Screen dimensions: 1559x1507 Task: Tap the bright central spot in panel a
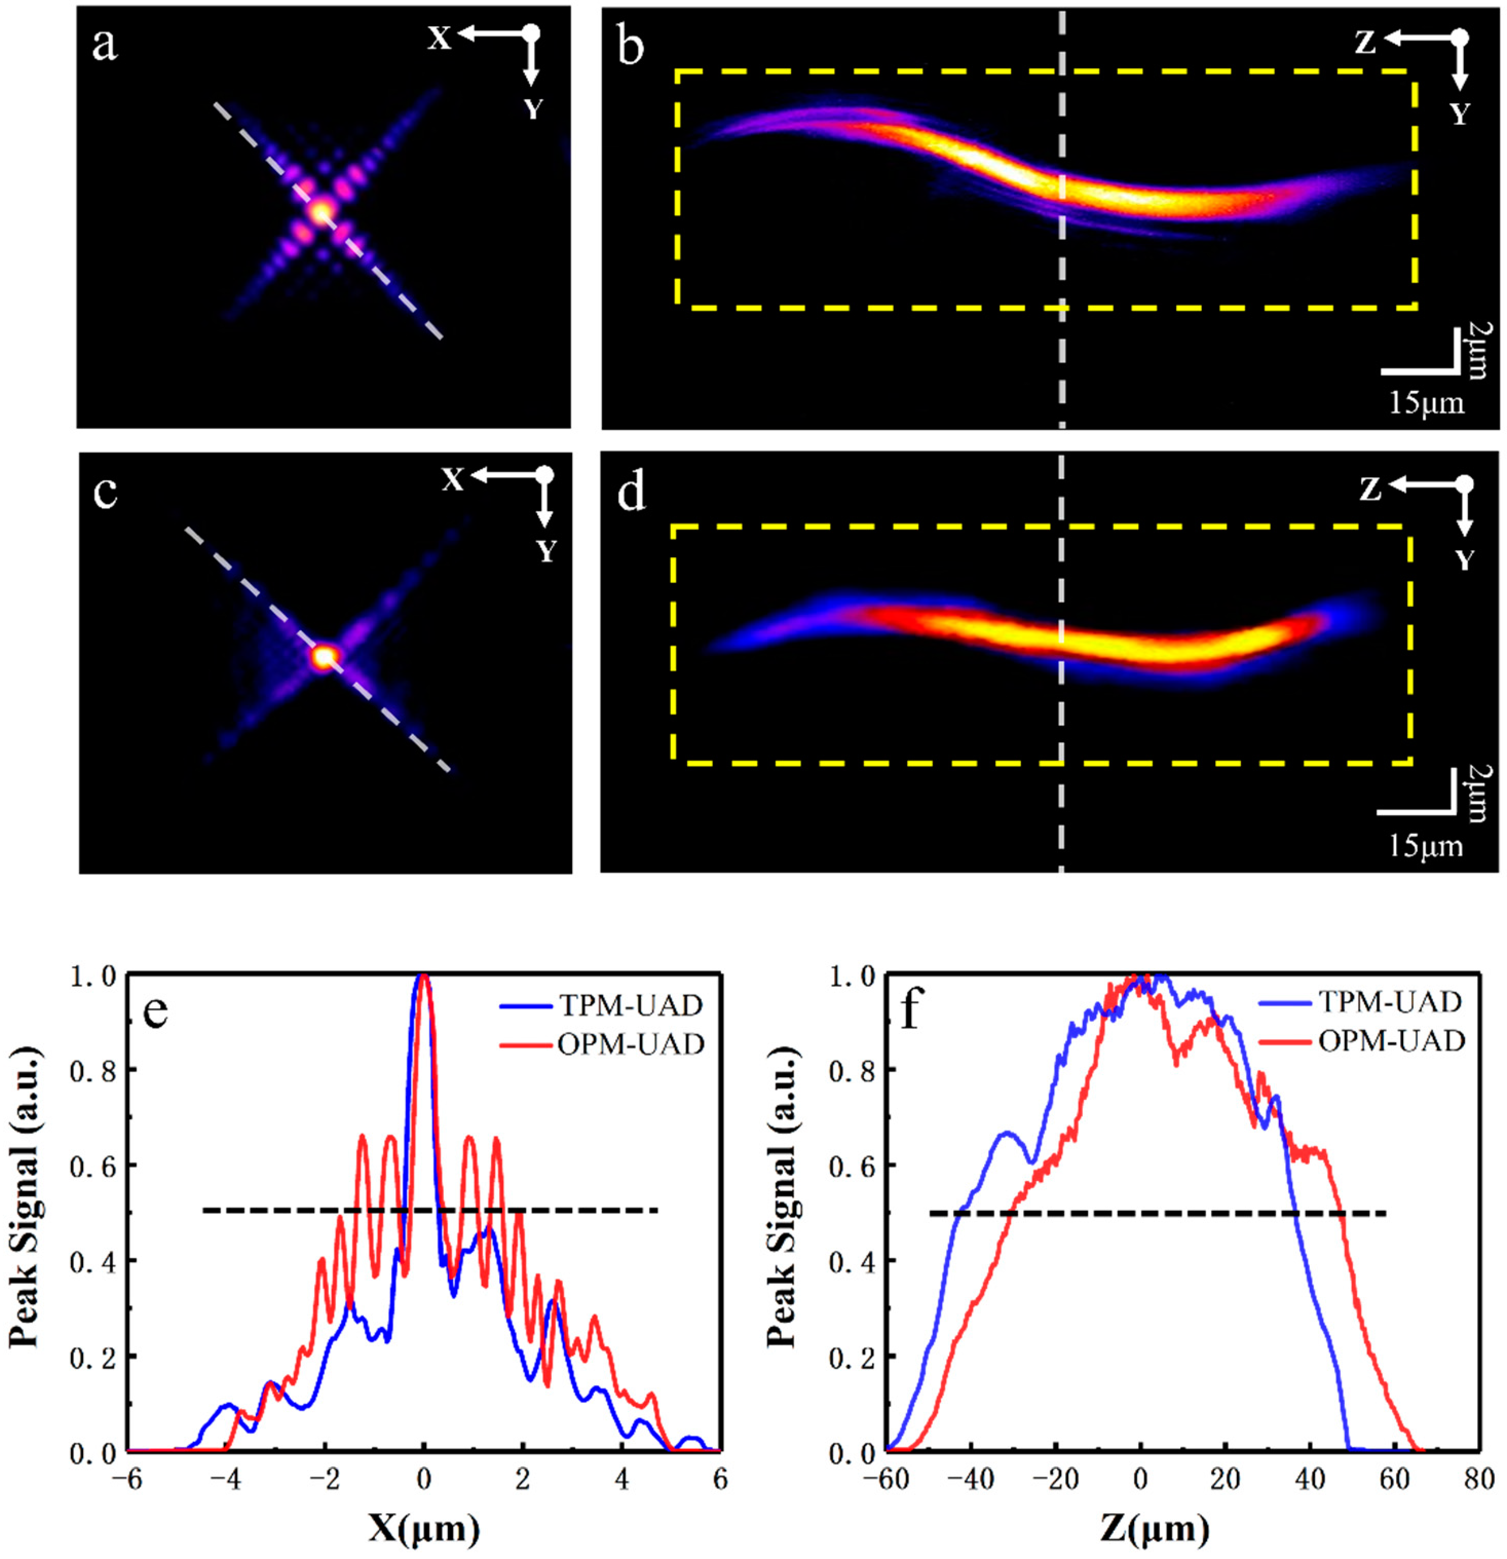click(x=321, y=212)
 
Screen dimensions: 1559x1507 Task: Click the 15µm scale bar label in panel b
click(x=1426, y=403)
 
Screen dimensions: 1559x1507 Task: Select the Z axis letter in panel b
click(x=1365, y=43)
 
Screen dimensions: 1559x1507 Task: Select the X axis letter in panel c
click(x=453, y=480)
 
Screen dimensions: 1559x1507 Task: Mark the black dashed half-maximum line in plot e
click(x=429, y=1211)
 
